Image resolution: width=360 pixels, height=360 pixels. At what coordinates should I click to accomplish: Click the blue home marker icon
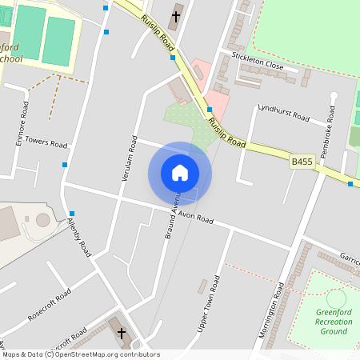tap(180, 173)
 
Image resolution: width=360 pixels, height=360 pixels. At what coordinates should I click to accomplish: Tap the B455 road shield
tap(302, 162)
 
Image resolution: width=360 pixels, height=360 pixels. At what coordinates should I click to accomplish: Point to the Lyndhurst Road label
tap(283, 112)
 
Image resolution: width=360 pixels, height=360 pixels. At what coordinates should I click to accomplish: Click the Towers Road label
tap(46, 142)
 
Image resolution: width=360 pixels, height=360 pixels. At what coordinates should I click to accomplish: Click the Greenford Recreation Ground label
tap(335, 322)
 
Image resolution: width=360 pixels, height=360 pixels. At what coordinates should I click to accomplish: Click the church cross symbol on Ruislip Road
tap(176, 15)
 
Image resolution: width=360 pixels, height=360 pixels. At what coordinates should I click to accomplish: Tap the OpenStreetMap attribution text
tap(81, 354)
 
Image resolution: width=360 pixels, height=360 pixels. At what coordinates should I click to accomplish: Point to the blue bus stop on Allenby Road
tap(72, 214)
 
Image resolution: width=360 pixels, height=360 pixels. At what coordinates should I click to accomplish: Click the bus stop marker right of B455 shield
tap(350, 184)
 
